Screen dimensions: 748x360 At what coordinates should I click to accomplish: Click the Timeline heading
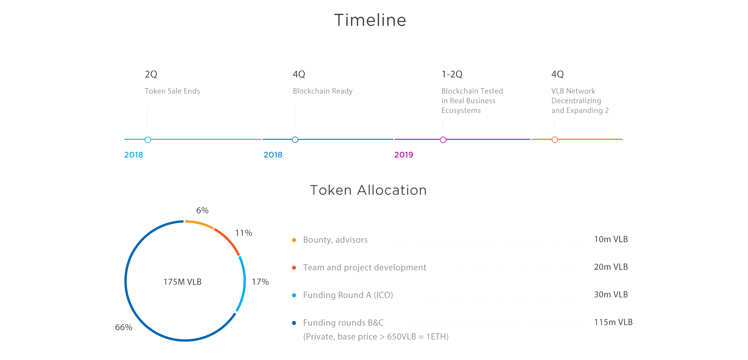click(370, 20)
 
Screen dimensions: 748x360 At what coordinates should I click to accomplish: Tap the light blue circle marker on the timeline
click(148, 140)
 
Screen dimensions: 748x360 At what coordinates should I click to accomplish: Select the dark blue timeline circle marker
click(295, 140)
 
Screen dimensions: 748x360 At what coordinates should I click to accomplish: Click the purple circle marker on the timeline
click(443, 140)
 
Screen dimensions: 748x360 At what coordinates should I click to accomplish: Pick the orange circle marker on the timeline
click(555, 140)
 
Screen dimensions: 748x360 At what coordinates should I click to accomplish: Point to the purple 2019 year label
click(404, 155)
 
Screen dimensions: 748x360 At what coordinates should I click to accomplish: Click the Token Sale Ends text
click(172, 91)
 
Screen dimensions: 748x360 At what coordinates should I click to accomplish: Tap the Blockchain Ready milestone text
click(323, 91)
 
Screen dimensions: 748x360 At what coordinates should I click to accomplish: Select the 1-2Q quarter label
click(452, 74)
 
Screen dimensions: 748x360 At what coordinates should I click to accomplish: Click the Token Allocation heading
click(368, 190)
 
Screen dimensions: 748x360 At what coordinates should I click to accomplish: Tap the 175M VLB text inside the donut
click(182, 282)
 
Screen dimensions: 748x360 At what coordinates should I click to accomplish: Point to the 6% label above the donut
click(202, 210)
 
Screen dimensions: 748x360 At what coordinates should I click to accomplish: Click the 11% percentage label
click(244, 233)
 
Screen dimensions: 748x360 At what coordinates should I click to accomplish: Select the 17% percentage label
click(260, 282)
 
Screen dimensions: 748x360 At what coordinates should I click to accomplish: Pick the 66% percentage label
click(123, 327)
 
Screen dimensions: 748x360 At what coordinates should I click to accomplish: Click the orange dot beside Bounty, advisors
click(294, 240)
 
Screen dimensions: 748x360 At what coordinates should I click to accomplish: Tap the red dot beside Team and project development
click(294, 268)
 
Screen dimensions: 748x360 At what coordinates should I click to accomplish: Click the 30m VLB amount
click(611, 294)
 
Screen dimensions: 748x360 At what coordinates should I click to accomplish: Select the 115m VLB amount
click(613, 322)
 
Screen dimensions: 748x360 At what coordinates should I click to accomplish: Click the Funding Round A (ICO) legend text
click(348, 295)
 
